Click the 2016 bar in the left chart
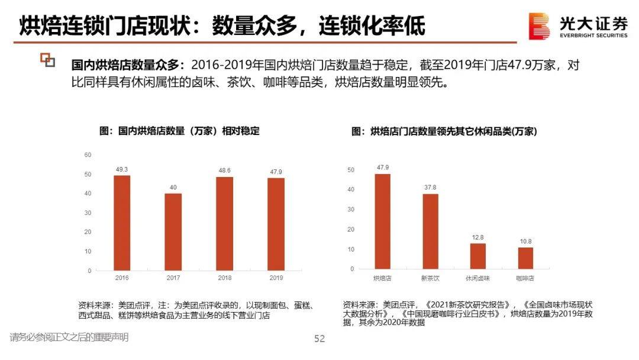122,223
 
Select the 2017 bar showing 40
173,232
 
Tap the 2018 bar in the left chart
224,224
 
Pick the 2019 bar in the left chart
276,224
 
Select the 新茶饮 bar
430,231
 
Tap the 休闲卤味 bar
477,256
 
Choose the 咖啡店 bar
525,258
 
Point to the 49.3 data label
122,169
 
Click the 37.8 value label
430,188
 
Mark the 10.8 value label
525,242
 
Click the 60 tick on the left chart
88,155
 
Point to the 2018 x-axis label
224,278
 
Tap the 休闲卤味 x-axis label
477,277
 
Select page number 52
319,339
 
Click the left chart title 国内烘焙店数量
179,131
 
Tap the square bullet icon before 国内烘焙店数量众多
47,59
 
